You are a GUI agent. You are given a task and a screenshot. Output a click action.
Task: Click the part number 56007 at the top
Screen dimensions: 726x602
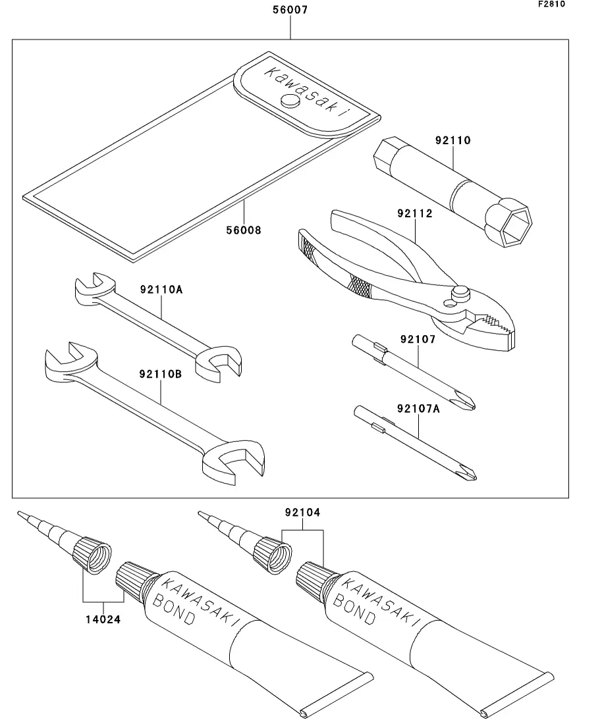point(290,11)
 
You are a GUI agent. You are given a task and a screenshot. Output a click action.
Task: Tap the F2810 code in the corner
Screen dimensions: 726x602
point(551,5)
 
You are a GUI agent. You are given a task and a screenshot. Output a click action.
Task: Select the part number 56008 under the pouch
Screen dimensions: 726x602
point(244,230)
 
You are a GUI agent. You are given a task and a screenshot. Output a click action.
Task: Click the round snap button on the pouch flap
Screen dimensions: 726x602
point(289,101)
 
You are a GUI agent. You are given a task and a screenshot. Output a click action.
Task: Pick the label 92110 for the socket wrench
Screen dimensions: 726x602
point(452,140)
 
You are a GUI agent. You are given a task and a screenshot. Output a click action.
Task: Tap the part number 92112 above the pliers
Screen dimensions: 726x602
point(415,213)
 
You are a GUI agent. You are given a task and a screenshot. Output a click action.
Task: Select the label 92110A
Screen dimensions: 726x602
point(161,289)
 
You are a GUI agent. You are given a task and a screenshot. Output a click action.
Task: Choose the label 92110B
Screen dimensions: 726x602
point(161,374)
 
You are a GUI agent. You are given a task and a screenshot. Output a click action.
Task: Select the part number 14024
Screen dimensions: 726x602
point(103,619)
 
